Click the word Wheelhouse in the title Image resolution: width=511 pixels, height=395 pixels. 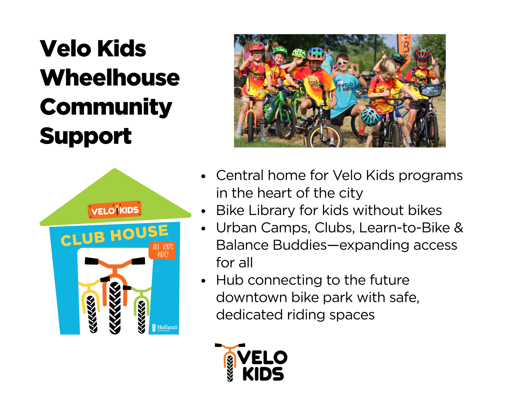(x=110, y=78)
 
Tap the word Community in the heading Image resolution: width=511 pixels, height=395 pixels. (x=106, y=107)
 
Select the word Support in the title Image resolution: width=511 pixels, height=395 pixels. (x=86, y=136)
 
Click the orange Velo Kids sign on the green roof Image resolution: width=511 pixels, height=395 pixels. (x=115, y=210)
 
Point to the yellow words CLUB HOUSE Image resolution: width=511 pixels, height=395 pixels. (x=115, y=235)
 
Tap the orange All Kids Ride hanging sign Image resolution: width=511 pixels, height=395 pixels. (x=163, y=251)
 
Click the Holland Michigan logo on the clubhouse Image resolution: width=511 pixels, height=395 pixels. (x=164, y=328)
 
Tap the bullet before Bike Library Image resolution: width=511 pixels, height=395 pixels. (x=203, y=211)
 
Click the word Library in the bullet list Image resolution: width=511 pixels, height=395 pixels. (x=272, y=210)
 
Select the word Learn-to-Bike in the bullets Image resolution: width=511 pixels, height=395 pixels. (x=404, y=228)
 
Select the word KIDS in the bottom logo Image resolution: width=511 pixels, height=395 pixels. (x=263, y=374)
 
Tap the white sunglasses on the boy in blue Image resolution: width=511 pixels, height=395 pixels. (x=343, y=63)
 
